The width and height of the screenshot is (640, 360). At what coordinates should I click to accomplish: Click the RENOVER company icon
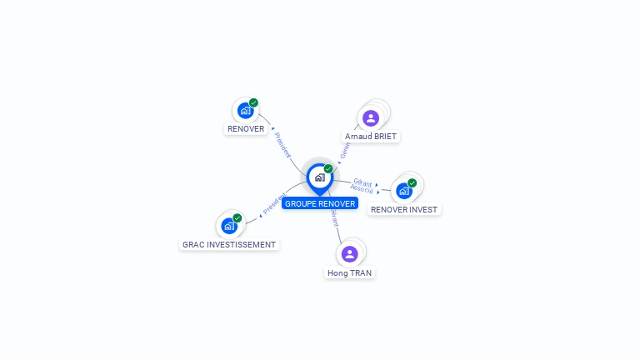click(245, 110)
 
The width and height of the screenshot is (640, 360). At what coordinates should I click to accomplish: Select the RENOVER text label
click(246, 129)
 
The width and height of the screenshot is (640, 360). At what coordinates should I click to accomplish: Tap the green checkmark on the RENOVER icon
click(253, 102)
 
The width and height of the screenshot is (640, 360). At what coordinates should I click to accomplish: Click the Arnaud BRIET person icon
click(371, 117)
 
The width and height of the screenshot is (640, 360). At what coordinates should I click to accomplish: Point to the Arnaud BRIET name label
click(372, 136)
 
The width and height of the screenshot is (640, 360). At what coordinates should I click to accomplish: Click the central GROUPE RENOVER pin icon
click(319, 177)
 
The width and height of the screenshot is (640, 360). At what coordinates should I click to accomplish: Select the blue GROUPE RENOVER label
click(319, 203)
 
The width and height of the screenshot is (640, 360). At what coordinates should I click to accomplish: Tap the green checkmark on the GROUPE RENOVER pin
click(328, 168)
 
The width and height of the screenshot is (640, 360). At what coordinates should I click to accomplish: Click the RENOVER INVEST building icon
click(404, 191)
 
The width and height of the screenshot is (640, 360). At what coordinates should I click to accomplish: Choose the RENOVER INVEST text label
click(404, 210)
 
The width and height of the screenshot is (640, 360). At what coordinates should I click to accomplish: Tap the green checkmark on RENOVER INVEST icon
click(412, 182)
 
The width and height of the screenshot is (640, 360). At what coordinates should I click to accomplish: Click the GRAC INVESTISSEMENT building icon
click(229, 226)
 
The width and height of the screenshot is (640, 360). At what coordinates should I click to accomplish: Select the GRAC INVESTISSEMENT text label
click(228, 245)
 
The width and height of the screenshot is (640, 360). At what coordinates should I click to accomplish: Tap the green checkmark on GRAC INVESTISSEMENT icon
click(237, 217)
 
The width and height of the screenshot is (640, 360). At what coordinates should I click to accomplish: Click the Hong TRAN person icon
click(350, 253)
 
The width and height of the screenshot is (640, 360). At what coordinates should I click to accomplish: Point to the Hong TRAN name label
click(350, 272)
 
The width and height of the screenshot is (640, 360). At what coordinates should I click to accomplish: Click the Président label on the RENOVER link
click(282, 145)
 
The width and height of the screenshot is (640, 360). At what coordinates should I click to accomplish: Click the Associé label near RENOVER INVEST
click(362, 190)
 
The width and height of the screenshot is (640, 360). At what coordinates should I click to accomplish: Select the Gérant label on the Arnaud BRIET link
click(345, 149)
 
